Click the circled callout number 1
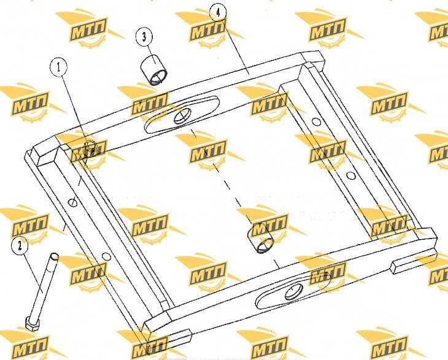(58, 67)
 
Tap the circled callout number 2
(20, 246)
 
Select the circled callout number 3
(144, 37)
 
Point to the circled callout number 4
(218, 13)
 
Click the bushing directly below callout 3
(154, 70)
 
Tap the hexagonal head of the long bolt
(33, 323)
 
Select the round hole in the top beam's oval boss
(182, 116)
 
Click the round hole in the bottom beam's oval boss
(294, 292)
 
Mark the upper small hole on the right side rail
(316, 122)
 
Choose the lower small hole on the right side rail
(351, 175)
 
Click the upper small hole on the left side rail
(72, 202)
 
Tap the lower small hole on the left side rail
(106, 256)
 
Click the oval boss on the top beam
(182, 115)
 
